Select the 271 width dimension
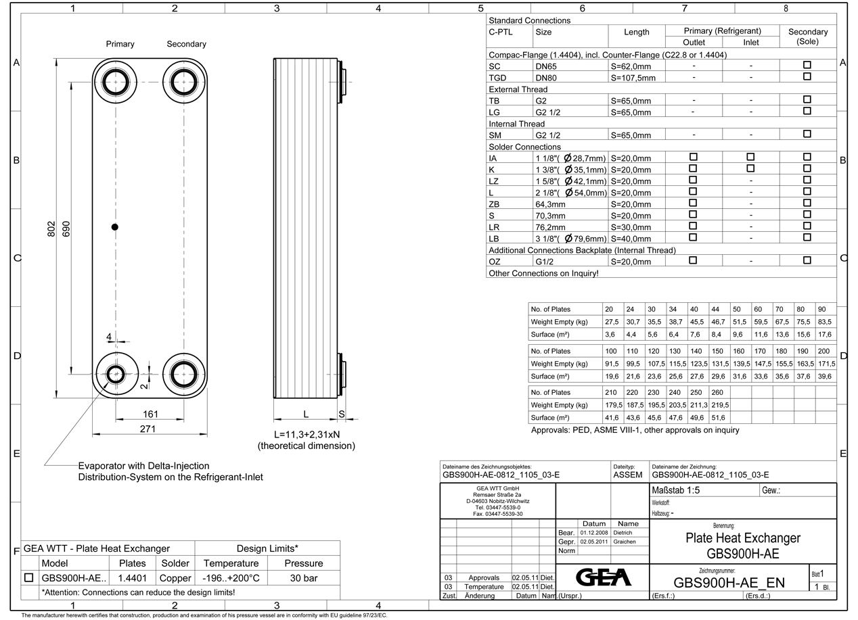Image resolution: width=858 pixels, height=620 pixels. pos(148,429)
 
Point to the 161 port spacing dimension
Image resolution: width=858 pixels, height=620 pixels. pos(150,414)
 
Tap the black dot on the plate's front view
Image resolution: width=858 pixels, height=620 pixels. pos(115,227)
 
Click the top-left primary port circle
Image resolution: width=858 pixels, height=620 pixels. pos(116,82)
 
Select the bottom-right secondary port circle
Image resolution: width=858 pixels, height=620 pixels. pos(183,373)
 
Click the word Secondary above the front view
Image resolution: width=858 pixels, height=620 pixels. pos(186,44)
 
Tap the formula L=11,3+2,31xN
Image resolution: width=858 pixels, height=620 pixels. pos(307,433)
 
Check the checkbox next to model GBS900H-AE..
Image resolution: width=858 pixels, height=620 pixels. pos(28,578)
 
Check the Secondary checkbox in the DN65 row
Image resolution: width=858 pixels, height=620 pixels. pos(807,65)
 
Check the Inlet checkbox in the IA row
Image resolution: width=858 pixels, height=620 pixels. pos(750,157)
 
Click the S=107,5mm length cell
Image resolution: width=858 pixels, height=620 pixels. pos(633,78)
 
